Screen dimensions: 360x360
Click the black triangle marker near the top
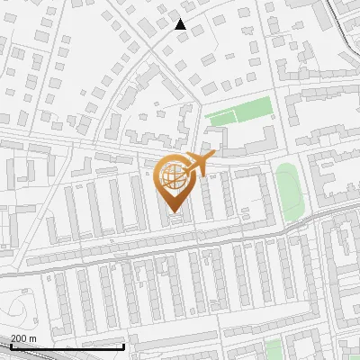pyautogui.click(x=180, y=24)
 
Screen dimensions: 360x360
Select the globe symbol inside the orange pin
pyautogui.click(x=173, y=175)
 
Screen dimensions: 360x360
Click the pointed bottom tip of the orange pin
pyautogui.click(x=173, y=212)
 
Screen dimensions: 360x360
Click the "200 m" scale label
pyautogui.click(x=24, y=338)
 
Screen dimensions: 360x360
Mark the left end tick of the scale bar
pyautogui.click(x=10, y=346)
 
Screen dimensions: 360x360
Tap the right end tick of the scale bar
pyautogui.click(x=123, y=346)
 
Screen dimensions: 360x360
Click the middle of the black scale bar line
pyautogui.click(x=67, y=346)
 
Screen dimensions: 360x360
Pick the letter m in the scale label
pyautogui.click(x=33, y=338)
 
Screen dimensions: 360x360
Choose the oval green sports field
pyautogui.click(x=289, y=191)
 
